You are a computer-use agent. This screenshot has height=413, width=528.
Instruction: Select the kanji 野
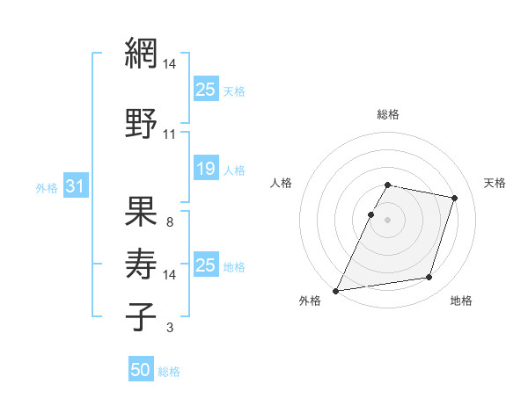pyautogui.click(x=141, y=124)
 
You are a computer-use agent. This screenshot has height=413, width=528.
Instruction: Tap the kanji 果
pyautogui.click(x=141, y=211)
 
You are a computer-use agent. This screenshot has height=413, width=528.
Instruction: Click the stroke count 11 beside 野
pyautogui.click(x=169, y=134)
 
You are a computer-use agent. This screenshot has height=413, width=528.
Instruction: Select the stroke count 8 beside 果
pyautogui.click(x=169, y=222)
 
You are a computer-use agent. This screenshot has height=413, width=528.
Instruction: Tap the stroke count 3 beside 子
pyautogui.click(x=169, y=328)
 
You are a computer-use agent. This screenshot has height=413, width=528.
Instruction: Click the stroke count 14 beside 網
pyautogui.click(x=170, y=64)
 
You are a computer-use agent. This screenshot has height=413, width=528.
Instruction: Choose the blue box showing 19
pyautogui.click(x=206, y=169)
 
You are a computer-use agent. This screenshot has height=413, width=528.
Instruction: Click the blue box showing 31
pyautogui.click(x=75, y=186)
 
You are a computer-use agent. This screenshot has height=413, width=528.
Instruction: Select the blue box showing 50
pyautogui.click(x=141, y=370)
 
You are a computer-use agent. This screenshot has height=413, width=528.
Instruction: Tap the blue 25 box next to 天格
pyautogui.click(x=206, y=89)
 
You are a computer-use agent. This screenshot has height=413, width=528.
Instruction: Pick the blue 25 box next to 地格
pyautogui.click(x=206, y=265)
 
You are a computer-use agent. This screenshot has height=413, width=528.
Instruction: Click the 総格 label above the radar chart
pyautogui.click(x=388, y=114)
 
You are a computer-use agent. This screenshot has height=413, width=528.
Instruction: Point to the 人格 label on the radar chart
pyautogui.click(x=282, y=183)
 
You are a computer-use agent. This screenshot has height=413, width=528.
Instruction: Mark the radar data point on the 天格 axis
pyautogui.click(x=455, y=199)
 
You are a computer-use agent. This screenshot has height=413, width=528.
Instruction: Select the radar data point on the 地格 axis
pyautogui.click(x=429, y=278)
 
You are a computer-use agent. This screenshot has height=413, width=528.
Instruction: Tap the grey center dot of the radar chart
pyautogui.click(x=387, y=220)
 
